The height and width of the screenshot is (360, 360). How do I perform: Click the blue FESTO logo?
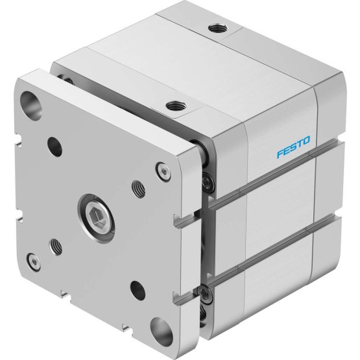pyautogui.click(x=293, y=147)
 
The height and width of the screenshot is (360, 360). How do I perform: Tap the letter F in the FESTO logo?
pyautogui.click(x=280, y=154)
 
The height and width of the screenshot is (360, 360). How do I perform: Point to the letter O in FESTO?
pyautogui.click(x=306, y=140)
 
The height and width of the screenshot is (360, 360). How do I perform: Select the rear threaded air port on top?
pyautogui.click(x=218, y=29)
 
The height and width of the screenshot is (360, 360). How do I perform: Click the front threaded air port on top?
pyautogui.click(x=176, y=106)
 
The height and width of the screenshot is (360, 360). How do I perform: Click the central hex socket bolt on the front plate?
pyautogui.click(x=96, y=218)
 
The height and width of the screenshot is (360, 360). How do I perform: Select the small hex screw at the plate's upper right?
pyautogui.click(x=163, y=172)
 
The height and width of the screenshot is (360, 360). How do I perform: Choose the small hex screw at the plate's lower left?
pyautogui.click(x=34, y=262)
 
